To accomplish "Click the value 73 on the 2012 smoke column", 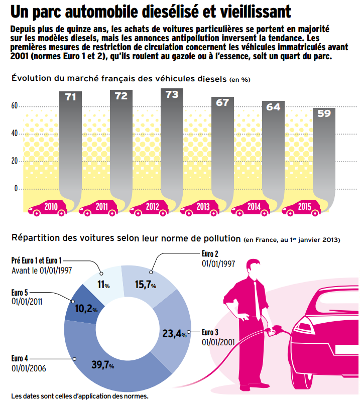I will point(172,95).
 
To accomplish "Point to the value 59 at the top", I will point(324,113).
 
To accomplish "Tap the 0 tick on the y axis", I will point(16,189).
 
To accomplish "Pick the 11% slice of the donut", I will point(104,285).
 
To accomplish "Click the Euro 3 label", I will point(210,332).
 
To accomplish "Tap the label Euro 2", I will point(210,253).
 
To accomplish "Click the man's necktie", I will point(259,298).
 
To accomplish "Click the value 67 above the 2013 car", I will point(222,102).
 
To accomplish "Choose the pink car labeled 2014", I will point(250,208).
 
